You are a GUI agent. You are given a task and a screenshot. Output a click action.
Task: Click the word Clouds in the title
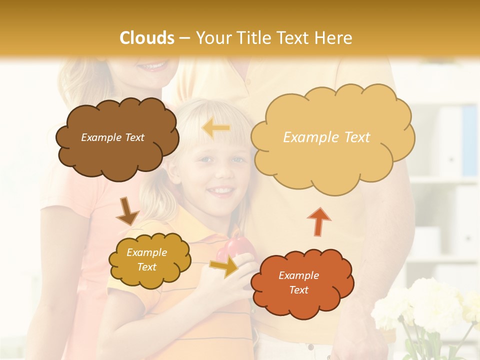coord(147,38)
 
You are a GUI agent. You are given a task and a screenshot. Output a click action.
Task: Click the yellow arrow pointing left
coord(216,128)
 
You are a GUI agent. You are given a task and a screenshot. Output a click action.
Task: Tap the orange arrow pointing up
coord(318,221)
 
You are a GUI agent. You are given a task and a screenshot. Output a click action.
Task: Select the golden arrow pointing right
coord(224,266)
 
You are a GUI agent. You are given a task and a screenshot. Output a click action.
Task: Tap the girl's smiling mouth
coord(220,190)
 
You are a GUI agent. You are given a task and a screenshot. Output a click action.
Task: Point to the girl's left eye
coord(238,160)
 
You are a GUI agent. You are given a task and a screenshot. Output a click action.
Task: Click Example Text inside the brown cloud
coord(112,137)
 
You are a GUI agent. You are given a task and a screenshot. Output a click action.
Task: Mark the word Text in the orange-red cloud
coord(298,290)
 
